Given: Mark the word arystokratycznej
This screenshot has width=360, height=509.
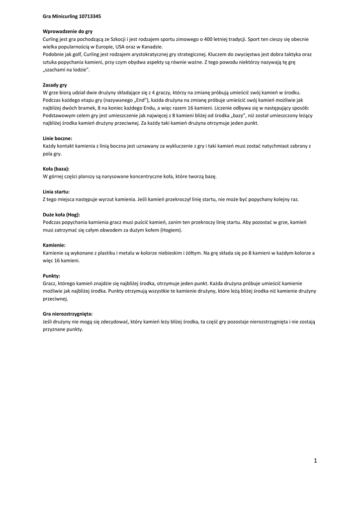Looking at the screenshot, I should [x=139, y=54].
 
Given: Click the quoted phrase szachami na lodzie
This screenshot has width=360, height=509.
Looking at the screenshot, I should [x=63, y=70].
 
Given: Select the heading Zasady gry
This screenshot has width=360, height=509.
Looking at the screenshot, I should [x=55, y=85].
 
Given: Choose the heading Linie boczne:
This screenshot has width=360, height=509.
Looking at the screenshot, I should [x=58, y=138].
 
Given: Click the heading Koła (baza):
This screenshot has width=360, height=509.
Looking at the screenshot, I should [x=56, y=169].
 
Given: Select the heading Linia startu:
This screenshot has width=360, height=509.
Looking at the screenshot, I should [x=56, y=191].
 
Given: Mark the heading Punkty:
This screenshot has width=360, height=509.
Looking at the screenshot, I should [x=52, y=276].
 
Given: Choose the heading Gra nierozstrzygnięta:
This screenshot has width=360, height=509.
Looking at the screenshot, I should [x=68, y=314].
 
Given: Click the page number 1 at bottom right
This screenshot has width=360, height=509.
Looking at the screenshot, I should [x=315, y=461].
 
